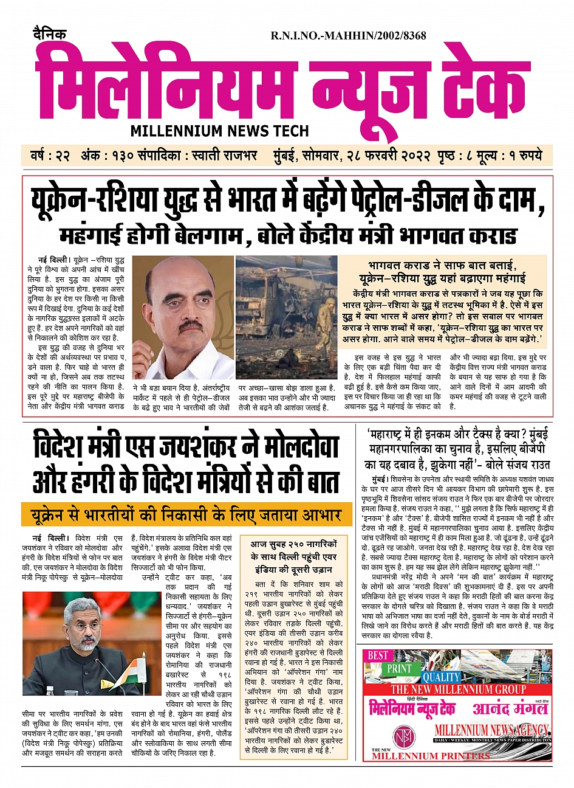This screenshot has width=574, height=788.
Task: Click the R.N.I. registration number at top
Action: [x=348, y=36]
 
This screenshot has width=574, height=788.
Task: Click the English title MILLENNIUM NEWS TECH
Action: [x=219, y=131]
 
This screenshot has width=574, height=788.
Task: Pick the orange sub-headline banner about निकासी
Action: [x=186, y=516]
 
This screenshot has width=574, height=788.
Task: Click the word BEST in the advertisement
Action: [x=378, y=655]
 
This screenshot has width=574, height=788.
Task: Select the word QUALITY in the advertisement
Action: [x=442, y=677]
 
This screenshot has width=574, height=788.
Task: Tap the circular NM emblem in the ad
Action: [x=403, y=736]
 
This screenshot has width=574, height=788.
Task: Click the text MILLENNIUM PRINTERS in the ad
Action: [x=431, y=756]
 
